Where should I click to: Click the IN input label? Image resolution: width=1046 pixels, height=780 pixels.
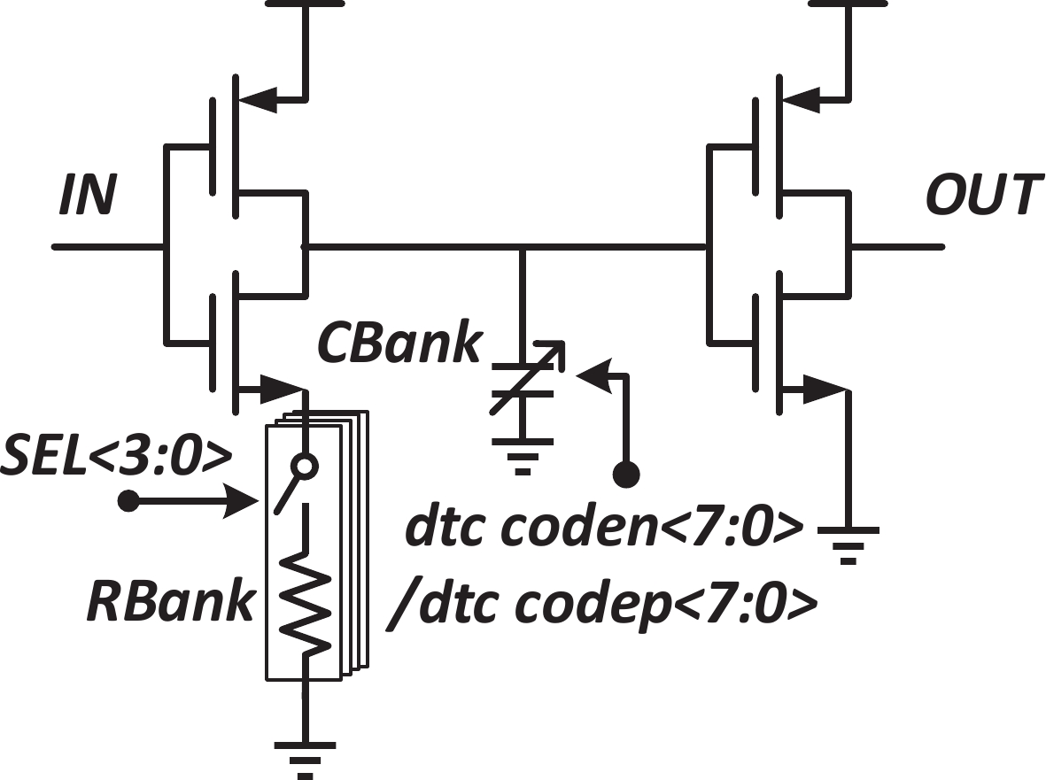87,197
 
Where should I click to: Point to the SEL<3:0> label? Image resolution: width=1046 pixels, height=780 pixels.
117,460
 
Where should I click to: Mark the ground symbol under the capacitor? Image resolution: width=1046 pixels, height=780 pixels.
523,457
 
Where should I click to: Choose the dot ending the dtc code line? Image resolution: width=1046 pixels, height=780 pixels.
627,475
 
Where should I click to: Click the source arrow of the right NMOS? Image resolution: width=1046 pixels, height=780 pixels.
824,388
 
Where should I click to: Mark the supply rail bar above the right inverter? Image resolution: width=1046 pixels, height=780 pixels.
848,3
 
